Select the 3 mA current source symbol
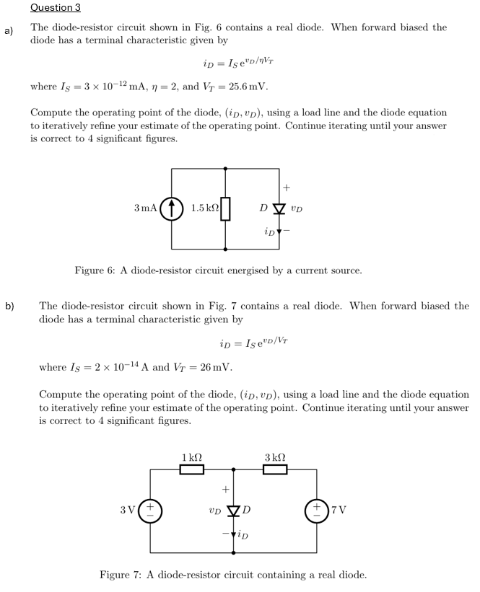[173, 208]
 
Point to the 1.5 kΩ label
[204, 208]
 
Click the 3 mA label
[145, 208]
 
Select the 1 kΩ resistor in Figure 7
[192, 470]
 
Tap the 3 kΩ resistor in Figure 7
[276, 470]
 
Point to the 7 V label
[339, 511]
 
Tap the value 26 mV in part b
[214, 367]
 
